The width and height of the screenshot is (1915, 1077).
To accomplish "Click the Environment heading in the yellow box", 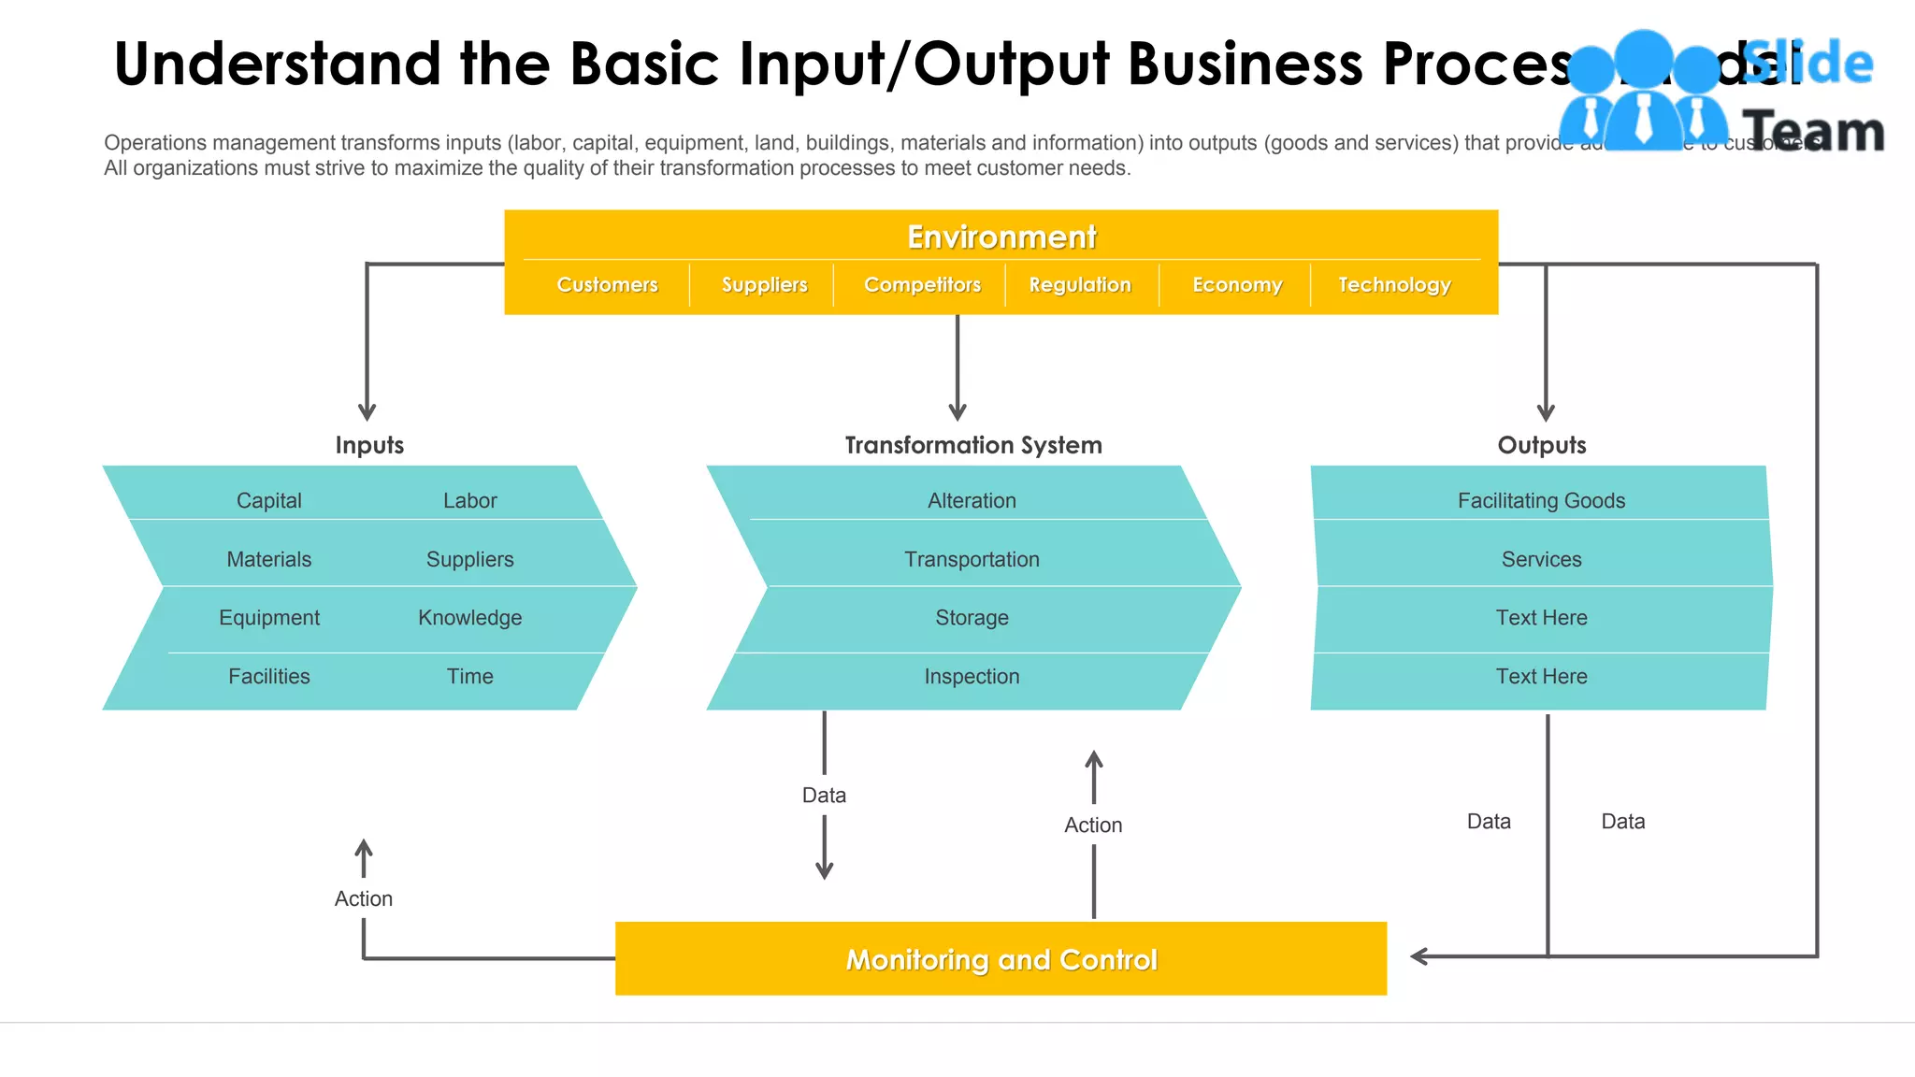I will (x=1001, y=237).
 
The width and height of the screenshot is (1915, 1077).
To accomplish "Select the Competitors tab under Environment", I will (x=922, y=284).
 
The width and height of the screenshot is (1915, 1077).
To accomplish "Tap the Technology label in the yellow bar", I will (x=1394, y=284).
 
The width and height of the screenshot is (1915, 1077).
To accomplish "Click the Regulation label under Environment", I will (x=1080, y=284).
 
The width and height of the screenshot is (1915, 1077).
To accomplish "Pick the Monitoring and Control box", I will (x=1001, y=959).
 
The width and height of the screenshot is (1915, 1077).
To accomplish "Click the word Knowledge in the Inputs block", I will (x=469, y=618).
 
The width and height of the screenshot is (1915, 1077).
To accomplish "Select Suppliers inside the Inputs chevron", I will (x=469, y=559).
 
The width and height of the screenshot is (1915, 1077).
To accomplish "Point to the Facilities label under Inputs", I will (x=268, y=676).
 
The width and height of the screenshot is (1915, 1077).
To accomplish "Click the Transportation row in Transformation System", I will (x=972, y=559).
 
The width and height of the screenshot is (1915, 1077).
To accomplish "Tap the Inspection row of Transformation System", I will (x=972, y=676).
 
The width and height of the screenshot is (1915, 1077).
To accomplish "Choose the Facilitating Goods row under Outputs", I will (x=1541, y=500).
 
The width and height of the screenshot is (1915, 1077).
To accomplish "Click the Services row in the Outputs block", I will (x=1541, y=559).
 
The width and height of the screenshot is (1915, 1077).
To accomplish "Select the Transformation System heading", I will (x=973, y=445).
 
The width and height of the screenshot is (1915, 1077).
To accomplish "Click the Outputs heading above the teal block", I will (x=1541, y=445).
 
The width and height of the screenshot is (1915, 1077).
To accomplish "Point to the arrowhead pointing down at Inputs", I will (x=367, y=412).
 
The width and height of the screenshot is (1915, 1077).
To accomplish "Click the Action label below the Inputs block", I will (x=364, y=898).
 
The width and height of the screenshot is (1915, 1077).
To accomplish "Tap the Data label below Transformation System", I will (x=824, y=795).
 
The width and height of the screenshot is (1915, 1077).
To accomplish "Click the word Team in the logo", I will (x=1812, y=131).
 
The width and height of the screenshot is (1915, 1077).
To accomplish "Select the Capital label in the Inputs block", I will (x=268, y=500).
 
